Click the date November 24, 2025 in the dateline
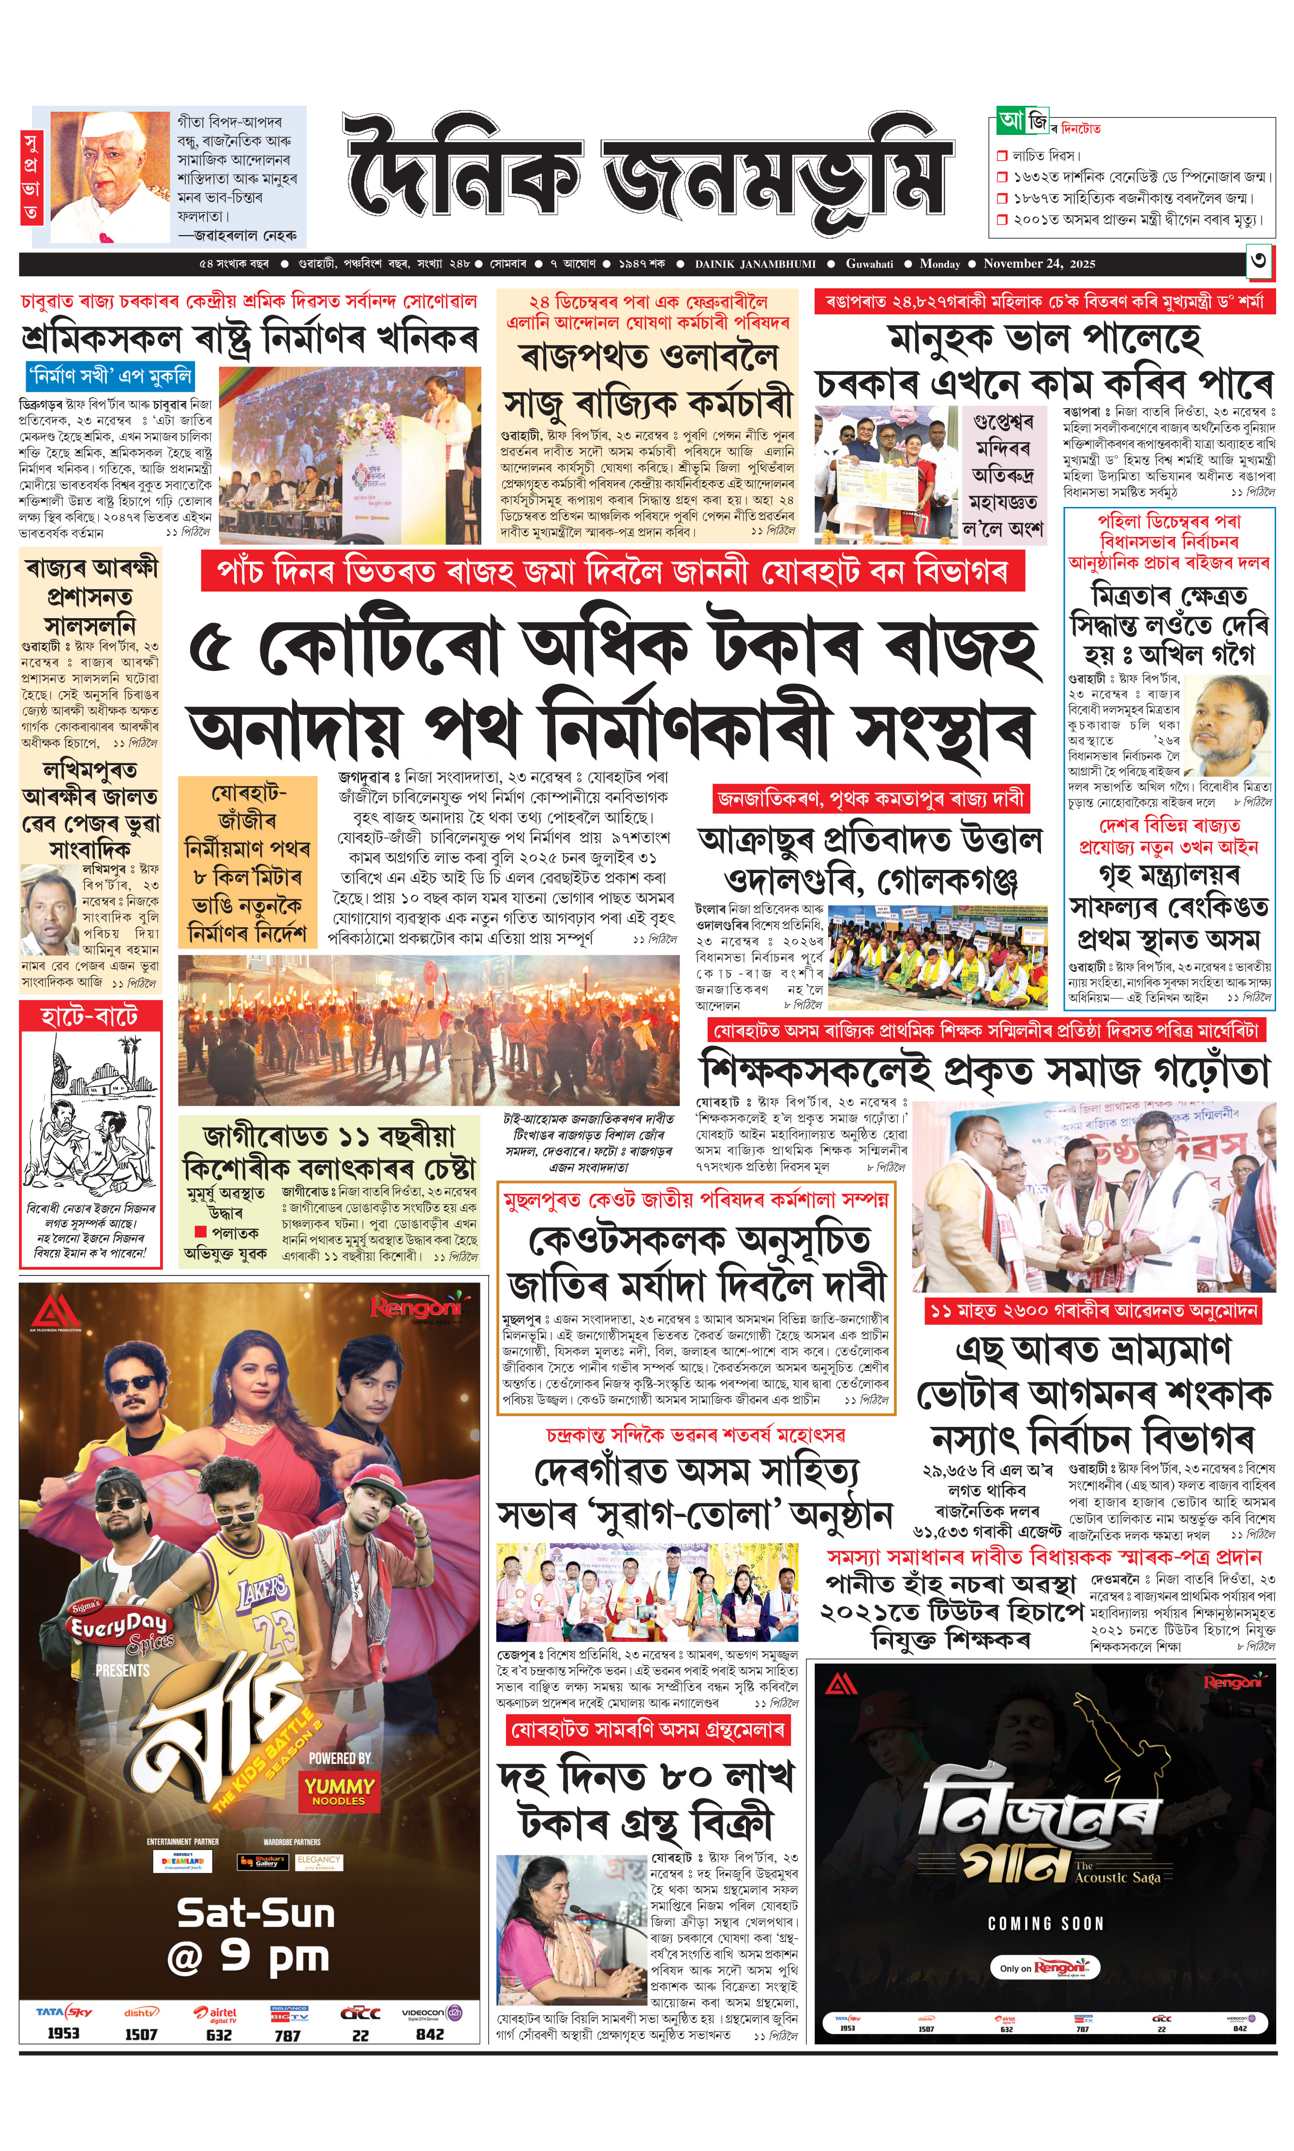pos(1040,263)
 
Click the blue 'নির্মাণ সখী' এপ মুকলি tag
pos(110,377)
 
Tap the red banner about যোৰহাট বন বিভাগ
pos(612,573)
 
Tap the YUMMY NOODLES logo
pos(339,1791)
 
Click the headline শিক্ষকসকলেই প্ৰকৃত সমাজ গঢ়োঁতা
pos(985,1071)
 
